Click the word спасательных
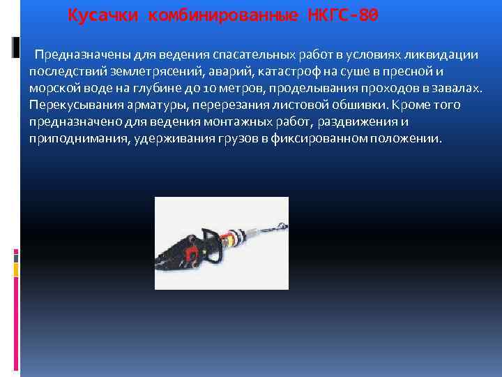[x=249, y=54]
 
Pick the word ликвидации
[x=441, y=54]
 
